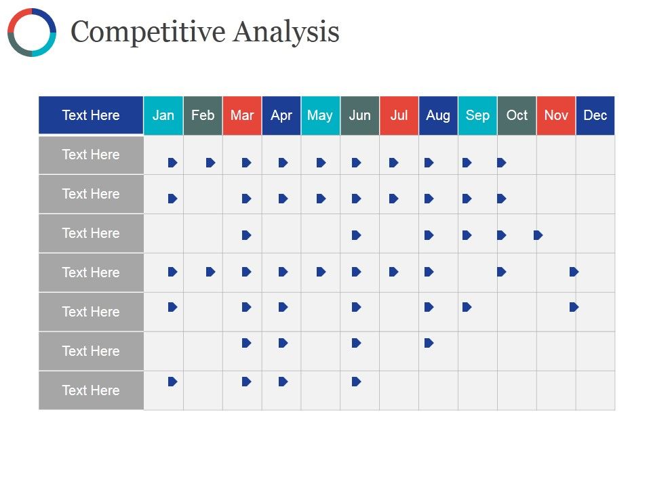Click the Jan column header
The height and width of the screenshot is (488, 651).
[163, 115]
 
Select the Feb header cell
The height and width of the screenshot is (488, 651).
[203, 115]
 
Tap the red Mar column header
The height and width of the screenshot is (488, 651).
[242, 115]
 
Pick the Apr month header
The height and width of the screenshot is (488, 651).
[281, 115]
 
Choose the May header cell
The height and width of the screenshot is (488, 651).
[320, 115]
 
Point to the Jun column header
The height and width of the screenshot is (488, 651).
[359, 115]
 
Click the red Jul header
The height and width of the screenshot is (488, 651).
[399, 115]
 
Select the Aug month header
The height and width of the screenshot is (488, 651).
[438, 115]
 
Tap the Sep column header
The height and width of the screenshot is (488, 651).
[477, 115]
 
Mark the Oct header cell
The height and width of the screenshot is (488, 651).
[517, 115]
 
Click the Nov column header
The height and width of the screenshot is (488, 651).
[556, 115]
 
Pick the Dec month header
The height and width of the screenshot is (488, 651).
[595, 115]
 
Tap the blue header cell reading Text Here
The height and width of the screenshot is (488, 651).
[91, 115]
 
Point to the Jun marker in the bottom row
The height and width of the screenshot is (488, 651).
[357, 382]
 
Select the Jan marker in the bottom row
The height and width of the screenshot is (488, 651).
[172, 382]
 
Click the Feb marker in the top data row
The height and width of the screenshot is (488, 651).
[210, 163]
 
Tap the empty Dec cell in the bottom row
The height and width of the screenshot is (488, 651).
[595, 390]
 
